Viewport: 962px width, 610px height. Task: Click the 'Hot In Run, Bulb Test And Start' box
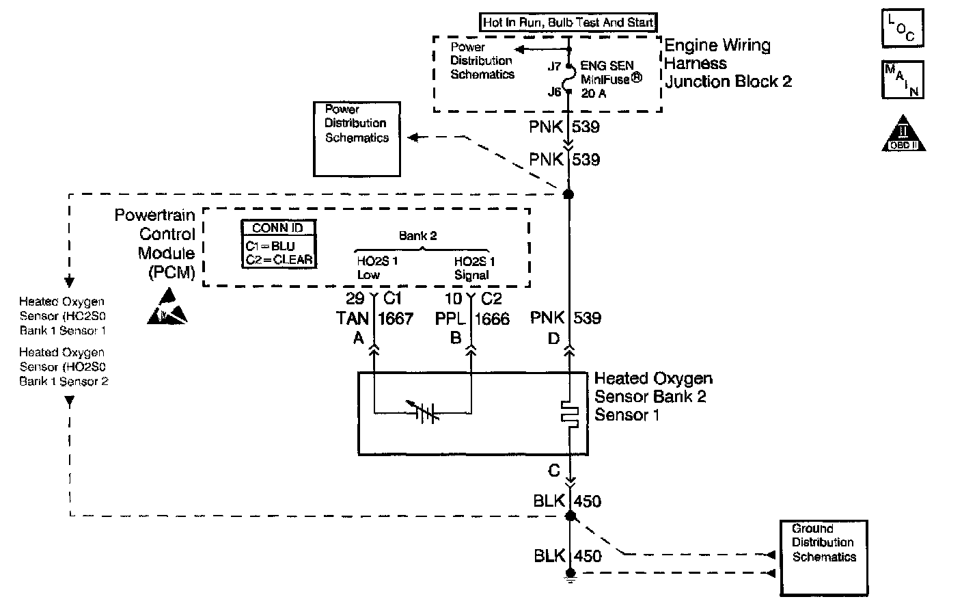568,23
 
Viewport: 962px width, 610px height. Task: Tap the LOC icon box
903,28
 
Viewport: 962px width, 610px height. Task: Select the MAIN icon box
903,79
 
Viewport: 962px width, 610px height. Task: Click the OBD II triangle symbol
903,133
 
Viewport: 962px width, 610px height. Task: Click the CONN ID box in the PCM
279,243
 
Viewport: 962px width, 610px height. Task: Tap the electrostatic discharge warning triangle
167,306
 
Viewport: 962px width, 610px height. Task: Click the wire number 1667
396,319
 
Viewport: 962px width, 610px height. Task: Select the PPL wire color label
450,319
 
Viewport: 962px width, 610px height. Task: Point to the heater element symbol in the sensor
569,414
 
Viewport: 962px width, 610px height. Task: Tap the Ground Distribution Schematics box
824,558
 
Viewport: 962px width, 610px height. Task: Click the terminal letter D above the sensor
553,339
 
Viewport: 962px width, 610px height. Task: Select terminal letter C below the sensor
554,470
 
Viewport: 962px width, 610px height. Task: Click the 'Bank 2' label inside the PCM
417,235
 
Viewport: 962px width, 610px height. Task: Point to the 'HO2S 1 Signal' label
474,268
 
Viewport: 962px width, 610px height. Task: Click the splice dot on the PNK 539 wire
568,194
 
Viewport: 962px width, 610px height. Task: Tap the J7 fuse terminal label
554,66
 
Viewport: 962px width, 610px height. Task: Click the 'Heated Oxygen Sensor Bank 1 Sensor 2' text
64,367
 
